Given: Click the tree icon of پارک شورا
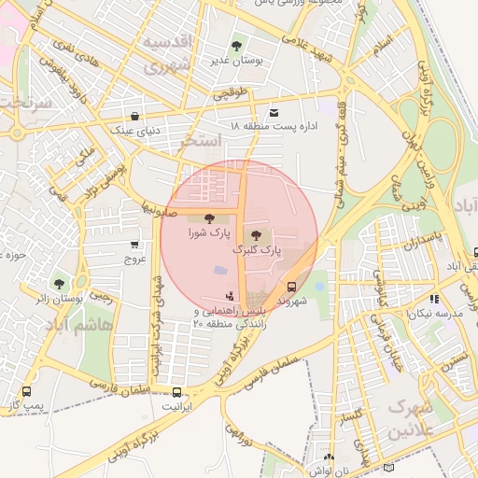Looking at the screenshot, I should (x=207, y=218).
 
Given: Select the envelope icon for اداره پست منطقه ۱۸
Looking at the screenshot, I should (x=274, y=111).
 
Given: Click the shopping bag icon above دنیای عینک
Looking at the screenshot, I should (x=137, y=117).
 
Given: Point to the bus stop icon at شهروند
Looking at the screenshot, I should (x=292, y=288).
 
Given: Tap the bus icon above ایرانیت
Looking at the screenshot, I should (x=176, y=392).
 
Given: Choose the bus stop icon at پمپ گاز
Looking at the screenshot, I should (x=26, y=392).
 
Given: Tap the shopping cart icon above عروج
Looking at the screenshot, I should (x=135, y=245).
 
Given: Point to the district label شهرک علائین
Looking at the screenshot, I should (x=411, y=420).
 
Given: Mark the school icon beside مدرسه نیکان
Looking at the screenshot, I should (x=434, y=300).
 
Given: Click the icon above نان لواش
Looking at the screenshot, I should (x=328, y=457).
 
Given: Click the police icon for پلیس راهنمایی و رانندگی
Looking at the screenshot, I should (x=231, y=296).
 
